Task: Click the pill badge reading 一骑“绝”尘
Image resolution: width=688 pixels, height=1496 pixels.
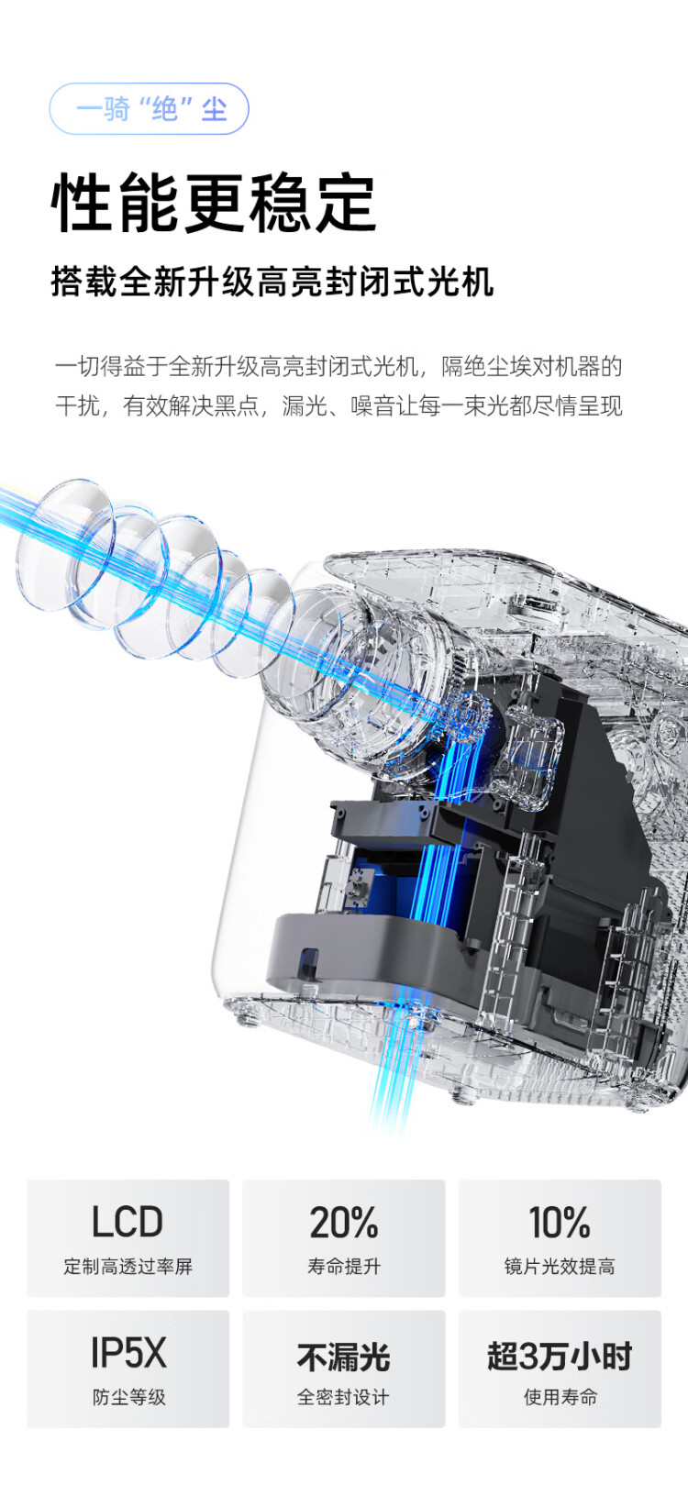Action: click(x=149, y=108)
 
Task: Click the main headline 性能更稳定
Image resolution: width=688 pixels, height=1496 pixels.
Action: click(x=213, y=203)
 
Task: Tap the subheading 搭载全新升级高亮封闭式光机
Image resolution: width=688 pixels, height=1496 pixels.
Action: click(x=272, y=282)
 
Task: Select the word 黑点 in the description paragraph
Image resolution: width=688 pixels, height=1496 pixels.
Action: click(x=237, y=405)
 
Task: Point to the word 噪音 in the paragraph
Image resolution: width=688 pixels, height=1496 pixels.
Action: click(x=373, y=405)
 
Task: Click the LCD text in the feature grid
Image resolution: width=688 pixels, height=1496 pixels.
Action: click(x=128, y=1222)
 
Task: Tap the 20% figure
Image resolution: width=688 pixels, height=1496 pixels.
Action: click(x=344, y=1222)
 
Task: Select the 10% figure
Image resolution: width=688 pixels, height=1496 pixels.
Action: click(x=560, y=1222)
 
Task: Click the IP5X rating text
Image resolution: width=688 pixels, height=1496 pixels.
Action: click(x=128, y=1352)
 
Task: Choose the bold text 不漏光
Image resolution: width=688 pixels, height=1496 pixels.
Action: click(x=343, y=1357)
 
